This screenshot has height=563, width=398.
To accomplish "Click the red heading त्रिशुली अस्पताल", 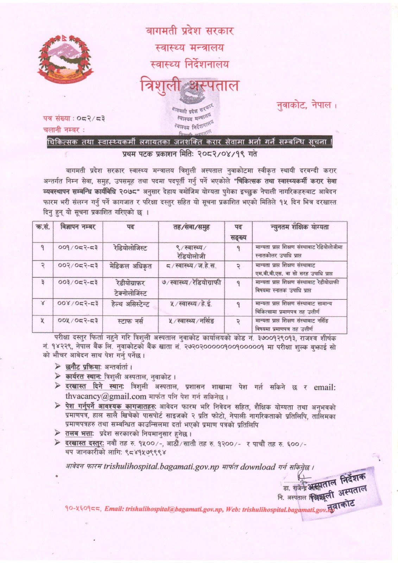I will point(189,86).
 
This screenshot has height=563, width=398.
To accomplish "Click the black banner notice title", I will point(190,142).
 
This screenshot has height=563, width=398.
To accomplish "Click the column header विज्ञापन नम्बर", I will point(78,227).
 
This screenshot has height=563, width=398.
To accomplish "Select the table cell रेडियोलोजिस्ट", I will point(130,248).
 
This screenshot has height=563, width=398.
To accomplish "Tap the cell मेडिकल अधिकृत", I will point(130,266).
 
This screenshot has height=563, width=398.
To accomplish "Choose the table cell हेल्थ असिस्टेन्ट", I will point(130,304).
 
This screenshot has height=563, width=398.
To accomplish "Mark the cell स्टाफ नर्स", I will point(130,321).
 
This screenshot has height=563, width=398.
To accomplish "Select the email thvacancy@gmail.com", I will point(106,396).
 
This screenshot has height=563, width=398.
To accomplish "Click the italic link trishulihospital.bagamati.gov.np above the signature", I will point(161,467).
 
